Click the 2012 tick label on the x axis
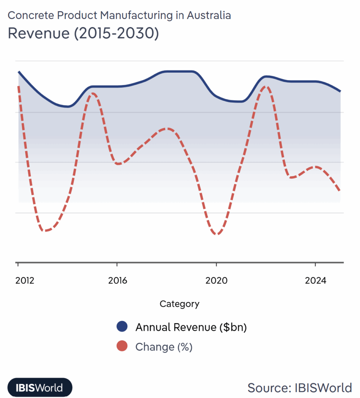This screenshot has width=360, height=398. pyautogui.click(x=24, y=281)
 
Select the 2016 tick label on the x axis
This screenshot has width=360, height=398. pyautogui.click(x=117, y=281)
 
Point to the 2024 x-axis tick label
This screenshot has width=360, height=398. pyautogui.click(x=315, y=281)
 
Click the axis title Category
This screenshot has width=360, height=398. pyautogui.click(x=180, y=304)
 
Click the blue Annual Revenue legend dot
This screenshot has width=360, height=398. pyautogui.click(x=122, y=327)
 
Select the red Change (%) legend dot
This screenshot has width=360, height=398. pyautogui.click(x=122, y=347)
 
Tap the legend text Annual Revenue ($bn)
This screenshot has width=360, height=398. pyautogui.click(x=191, y=327)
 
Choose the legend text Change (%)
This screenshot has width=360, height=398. pyautogui.click(x=164, y=347)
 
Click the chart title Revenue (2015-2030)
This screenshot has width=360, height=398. pyautogui.click(x=83, y=33)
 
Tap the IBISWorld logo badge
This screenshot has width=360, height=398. pyautogui.click(x=40, y=388)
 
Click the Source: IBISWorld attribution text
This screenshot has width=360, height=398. pyautogui.click(x=299, y=388)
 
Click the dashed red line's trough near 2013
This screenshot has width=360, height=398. pyautogui.click(x=46, y=231)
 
